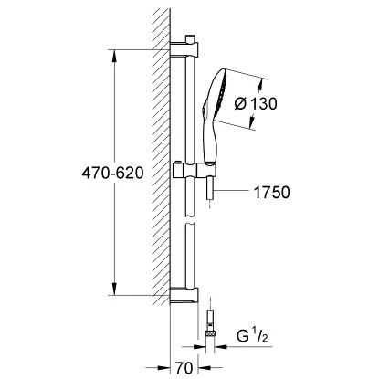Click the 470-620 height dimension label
[112, 174]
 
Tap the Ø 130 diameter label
[256, 104]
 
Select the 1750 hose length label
[272, 193]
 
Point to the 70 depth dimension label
[184, 368]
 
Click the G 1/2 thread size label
[252, 336]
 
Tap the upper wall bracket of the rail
[184, 49]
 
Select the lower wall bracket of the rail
[184, 295]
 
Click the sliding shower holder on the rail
[195, 171]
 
